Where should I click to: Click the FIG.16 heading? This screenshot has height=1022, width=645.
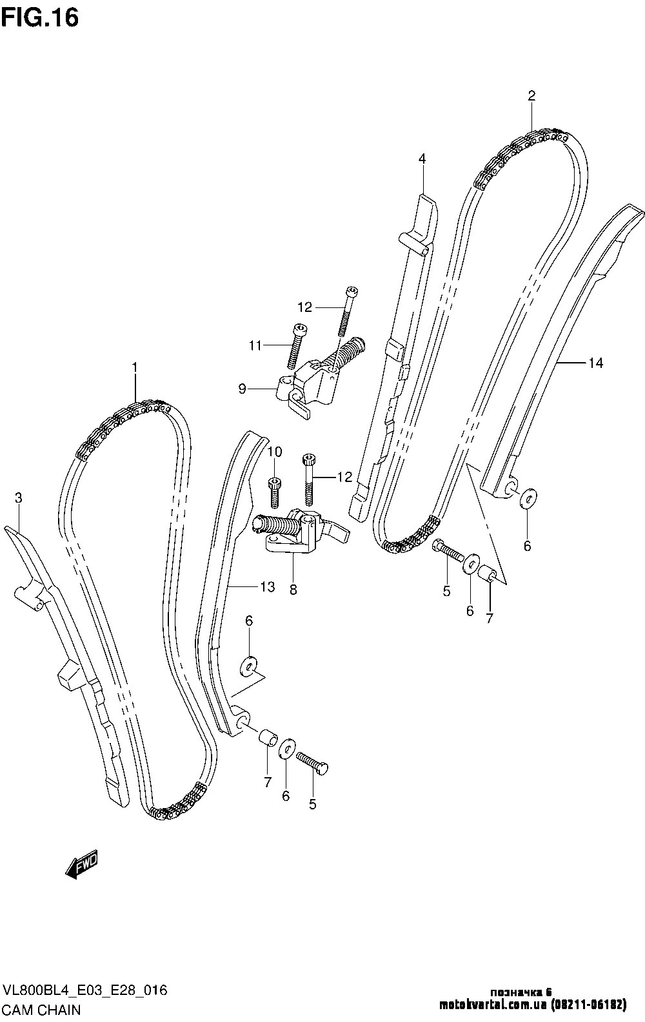40,18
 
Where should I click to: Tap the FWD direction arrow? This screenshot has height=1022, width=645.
82,863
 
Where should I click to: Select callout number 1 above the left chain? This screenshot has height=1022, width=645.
135,367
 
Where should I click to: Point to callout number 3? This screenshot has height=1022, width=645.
18,497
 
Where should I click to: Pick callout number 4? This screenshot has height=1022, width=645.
422,159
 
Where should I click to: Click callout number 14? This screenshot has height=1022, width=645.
596,363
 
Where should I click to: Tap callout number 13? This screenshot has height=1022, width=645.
267,586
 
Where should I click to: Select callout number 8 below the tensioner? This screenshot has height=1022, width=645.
293,590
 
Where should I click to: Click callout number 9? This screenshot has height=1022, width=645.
242,389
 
